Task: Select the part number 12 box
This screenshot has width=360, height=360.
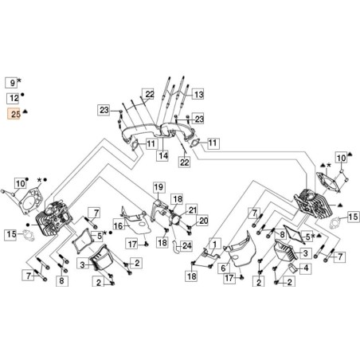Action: pyautogui.click(x=13, y=98)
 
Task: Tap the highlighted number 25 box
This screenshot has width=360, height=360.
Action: pyautogui.click(x=13, y=115)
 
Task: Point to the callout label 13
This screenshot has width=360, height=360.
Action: pyautogui.click(x=198, y=94)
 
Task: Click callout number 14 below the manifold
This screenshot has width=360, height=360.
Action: pyautogui.click(x=162, y=156)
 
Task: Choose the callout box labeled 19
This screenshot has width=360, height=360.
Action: pyautogui.click(x=158, y=188)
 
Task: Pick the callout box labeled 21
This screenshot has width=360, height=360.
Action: pyautogui.click(x=192, y=209)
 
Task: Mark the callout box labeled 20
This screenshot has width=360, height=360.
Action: pyautogui.click(x=202, y=221)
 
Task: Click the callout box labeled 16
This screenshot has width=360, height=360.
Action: pyautogui.click(x=118, y=226)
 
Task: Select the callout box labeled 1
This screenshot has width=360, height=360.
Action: pyautogui.click(x=213, y=243)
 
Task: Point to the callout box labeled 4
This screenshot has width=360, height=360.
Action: pyautogui.click(x=307, y=268)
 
